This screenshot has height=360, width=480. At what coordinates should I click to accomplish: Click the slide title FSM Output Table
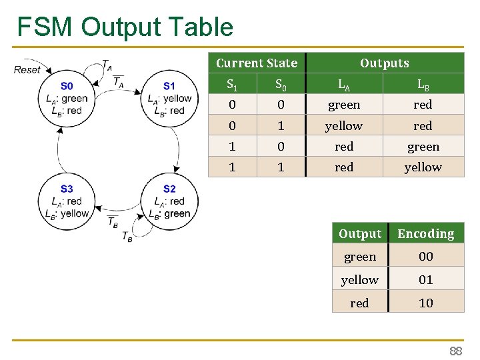click(125, 27)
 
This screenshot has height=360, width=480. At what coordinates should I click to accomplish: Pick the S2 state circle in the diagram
click(169, 201)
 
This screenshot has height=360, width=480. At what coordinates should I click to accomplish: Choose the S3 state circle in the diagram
click(67, 201)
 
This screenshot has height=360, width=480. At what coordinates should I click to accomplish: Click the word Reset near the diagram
click(27, 69)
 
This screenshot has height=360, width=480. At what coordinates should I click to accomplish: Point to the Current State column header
click(257, 63)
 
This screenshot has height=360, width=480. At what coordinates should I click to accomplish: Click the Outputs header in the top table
click(384, 63)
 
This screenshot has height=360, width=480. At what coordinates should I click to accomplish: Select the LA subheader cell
click(344, 85)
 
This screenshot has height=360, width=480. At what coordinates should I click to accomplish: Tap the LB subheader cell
click(423, 85)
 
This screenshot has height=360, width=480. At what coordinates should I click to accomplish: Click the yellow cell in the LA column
click(344, 126)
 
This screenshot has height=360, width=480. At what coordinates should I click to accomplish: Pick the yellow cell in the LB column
click(423, 167)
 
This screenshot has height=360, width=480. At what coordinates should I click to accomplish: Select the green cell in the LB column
click(423, 147)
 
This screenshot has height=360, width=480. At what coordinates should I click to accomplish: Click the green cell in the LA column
click(344, 105)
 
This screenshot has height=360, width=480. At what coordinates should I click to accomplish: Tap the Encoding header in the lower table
click(425, 234)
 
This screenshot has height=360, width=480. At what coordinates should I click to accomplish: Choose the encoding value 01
click(425, 280)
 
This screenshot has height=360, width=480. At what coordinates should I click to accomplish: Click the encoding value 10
click(425, 303)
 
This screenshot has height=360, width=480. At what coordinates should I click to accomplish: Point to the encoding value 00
click(425, 257)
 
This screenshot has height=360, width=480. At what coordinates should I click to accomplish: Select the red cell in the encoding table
click(359, 303)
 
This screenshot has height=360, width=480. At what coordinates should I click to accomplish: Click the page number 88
click(455, 351)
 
